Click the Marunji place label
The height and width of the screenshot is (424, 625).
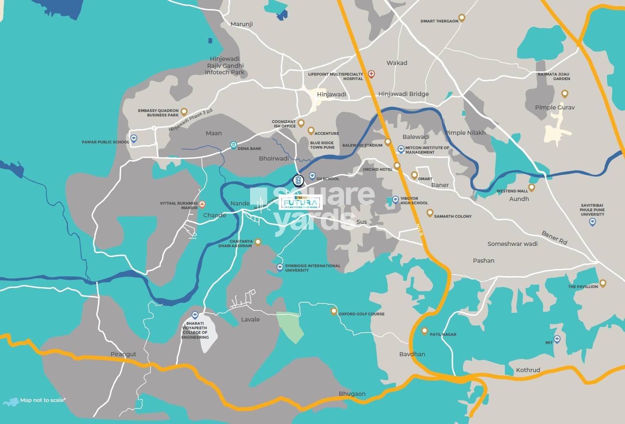coord(242,24)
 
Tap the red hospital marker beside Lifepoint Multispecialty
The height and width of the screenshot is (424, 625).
coord(371,74)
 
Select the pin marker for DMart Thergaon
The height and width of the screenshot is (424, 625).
coord(462,18)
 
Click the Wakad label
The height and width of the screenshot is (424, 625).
coord(397,63)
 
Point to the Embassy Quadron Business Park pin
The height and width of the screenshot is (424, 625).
coord(184,111)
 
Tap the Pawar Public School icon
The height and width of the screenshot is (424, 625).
coord(133,138)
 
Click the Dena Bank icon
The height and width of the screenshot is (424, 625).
coord(233,145)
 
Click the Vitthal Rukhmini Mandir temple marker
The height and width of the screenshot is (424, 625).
coord(202,204)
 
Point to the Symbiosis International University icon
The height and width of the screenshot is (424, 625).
coord(280,268)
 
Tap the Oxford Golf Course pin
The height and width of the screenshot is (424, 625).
coord(334,311)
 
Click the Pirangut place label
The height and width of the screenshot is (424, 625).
coord(123,354)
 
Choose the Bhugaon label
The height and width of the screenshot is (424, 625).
coord(352,394)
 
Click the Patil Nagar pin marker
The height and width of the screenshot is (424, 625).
coord(425,331)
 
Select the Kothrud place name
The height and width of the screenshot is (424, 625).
coord(528,370)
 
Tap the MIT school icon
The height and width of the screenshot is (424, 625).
coord(557,339)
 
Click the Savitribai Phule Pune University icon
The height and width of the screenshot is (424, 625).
coord(592,222)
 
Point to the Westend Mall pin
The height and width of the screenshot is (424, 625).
coord(532,188)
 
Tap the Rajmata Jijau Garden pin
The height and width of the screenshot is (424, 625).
coord(565,94)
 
